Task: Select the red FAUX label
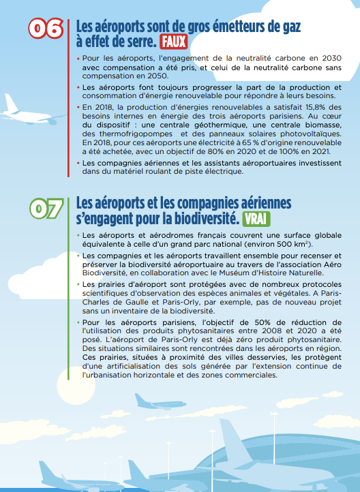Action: click(x=174, y=42)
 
